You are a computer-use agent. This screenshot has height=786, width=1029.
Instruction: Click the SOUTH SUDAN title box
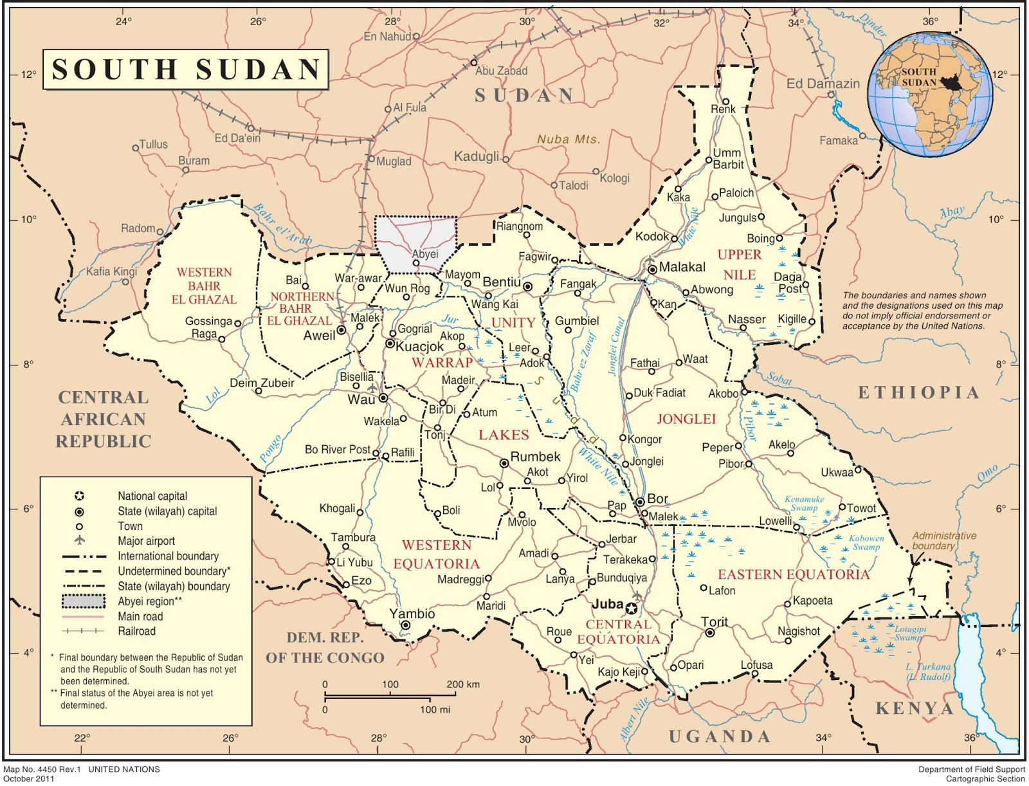point(186,69)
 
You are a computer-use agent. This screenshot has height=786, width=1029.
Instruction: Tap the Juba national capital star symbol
point(632,608)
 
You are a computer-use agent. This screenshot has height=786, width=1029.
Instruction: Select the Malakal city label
point(682,267)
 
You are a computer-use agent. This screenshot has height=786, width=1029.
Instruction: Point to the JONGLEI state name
point(686,419)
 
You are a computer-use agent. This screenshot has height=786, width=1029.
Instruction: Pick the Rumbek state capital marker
point(505,463)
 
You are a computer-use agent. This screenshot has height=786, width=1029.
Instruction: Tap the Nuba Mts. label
point(568,140)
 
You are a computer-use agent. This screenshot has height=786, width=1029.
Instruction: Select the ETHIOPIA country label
point(918,393)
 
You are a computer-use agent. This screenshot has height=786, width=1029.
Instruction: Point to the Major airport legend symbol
point(80,540)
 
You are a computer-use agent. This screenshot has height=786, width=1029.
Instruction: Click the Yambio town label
point(412,614)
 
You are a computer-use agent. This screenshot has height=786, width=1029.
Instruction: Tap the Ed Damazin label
point(823,84)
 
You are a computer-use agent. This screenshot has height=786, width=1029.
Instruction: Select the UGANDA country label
point(719,737)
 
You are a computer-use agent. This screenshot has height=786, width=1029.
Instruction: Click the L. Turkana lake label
point(927,672)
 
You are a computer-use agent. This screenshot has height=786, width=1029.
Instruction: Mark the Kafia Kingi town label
point(111,271)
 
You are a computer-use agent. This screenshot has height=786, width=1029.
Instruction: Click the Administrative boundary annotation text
point(943,540)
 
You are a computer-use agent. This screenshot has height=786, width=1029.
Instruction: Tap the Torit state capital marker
point(710,633)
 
